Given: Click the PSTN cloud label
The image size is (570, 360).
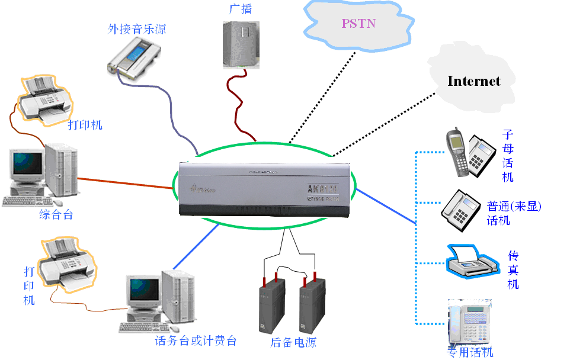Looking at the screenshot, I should pyautogui.click(x=358, y=24).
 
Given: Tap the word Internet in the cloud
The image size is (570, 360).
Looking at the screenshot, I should pyautogui.click(x=473, y=81).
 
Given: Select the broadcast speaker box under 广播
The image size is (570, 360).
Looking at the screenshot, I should pyautogui.click(x=241, y=44).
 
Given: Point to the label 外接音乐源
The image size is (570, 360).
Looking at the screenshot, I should pyautogui.click(x=136, y=28).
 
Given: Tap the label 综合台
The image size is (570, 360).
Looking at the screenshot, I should pyautogui.click(x=56, y=215).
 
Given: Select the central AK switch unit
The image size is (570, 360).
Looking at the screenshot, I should pyautogui.click(x=263, y=188).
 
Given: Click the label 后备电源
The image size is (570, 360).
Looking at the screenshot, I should pyautogui.click(x=293, y=342).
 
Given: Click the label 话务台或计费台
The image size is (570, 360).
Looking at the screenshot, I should pyautogui.click(x=196, y=341).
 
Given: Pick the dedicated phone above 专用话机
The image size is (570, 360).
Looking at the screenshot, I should pyautogui.click(x=469, y=323).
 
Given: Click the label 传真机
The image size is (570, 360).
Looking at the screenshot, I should pyautogui.click(x=514, y=269).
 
